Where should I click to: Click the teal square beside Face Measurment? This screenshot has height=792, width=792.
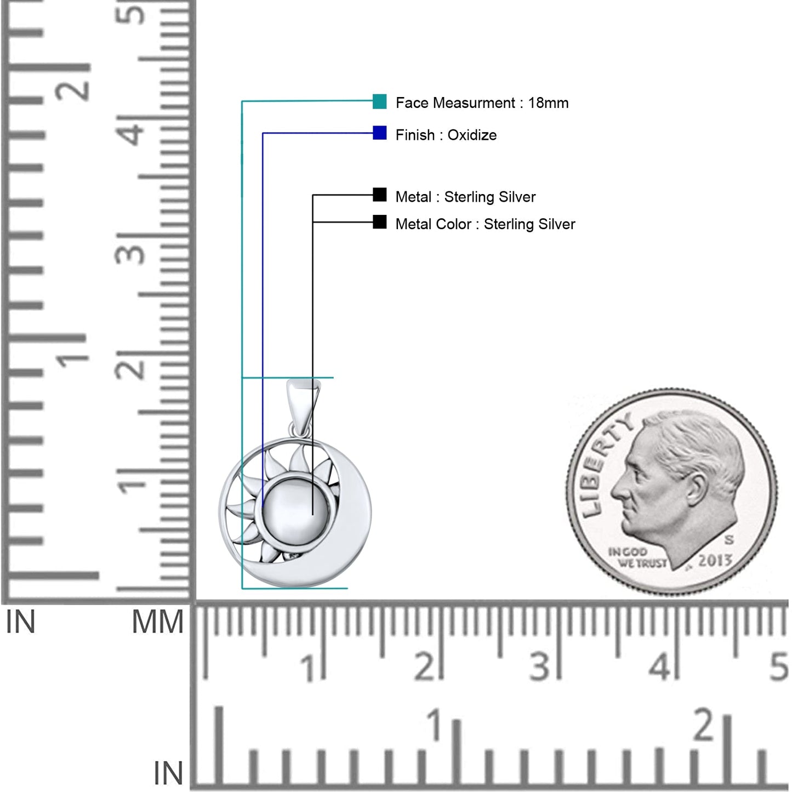click(x=379, y=101)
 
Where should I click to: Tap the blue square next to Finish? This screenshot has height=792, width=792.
click(x=379, y=133)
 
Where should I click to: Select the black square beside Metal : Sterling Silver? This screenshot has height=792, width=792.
click(x=379, y=195)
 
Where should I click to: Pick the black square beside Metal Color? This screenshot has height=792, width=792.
click(x=379, y=222)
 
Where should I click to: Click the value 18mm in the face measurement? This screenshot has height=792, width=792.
click(x=548, y=102)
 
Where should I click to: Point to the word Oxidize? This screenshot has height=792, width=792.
click(x=472, y=135)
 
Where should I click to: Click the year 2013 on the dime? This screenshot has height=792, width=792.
click(x=715, y=560)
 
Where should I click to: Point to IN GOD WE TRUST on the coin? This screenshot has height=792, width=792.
click(x=637, y=557)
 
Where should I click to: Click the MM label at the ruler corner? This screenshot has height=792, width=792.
click(x=158, y=622)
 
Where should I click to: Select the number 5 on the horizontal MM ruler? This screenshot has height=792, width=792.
click(x=778, y=666)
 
